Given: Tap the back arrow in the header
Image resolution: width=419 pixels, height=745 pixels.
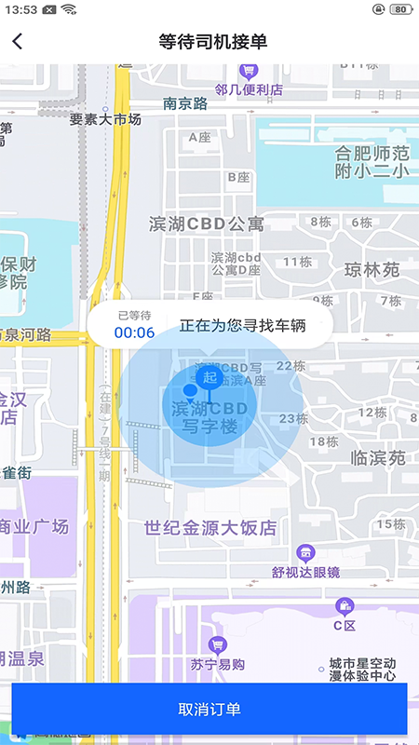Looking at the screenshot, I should pyautogui.click(x=18, y=41).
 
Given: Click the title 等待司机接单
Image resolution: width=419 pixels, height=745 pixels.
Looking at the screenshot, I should pyautogui.click(x=213, y=41).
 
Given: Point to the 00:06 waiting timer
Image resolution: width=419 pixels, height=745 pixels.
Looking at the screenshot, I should pyautogui.click(x=134, y=332).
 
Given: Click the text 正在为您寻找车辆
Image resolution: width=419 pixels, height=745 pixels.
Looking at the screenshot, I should pyautogui.click(x=242, y=326).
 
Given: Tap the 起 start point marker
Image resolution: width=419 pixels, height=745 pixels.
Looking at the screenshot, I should pyautogui.click(x=209, y=378).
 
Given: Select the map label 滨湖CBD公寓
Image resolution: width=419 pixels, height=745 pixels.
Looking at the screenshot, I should pyautogui.click(x=207, y=223).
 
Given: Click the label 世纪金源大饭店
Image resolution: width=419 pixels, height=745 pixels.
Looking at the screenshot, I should pyautogui.click(x=210, y=527).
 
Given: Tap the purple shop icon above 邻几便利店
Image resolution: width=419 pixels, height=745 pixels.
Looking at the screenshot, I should pyautogui.click(x=249, y=71).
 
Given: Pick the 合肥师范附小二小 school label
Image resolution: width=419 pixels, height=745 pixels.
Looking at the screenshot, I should pyautogui.click(x=372, y=162).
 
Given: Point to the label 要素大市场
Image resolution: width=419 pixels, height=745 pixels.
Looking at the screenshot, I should pyautogui.click(x=105, y=119).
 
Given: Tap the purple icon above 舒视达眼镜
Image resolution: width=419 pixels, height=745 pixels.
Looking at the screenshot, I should pyautogui.click(x=305, y=552).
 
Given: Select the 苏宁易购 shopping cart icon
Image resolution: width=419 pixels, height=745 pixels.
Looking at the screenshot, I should pyautogui.click(x=218, y=644).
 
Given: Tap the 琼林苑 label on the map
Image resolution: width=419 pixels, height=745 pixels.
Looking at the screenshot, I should pyautogui.click(x=372, y=270).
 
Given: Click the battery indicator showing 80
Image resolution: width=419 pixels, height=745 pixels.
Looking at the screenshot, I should pyautogui.click(x=400, y=9).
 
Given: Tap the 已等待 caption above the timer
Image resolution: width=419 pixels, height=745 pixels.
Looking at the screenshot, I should pyautogui.click(x=134, y=316).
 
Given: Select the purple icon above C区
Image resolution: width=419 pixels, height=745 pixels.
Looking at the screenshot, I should pyautogui.click(x=345, y=606).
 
